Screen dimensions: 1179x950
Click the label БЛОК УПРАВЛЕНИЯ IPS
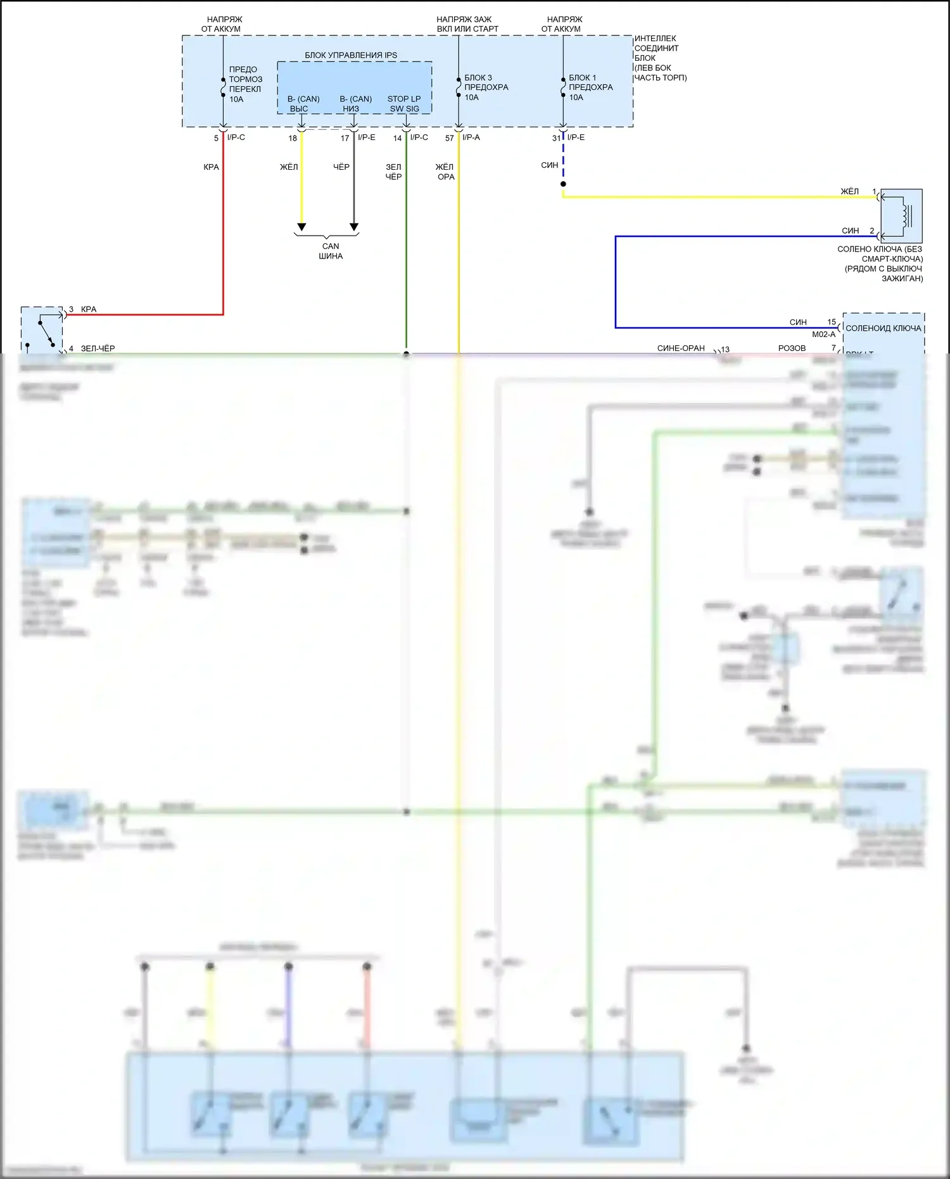pos(351,55)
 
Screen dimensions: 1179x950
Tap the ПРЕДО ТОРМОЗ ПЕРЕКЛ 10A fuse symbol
pos(223,87)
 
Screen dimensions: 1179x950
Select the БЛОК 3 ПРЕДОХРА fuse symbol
pos(459,87)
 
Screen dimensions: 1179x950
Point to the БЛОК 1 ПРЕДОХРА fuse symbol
pos(563,87)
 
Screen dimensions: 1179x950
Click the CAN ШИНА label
pos(331,251)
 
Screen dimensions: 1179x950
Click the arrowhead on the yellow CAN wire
pos(301,227)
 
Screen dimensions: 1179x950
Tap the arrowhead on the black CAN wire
pos(354,227)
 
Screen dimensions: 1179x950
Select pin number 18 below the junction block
pos(293,138)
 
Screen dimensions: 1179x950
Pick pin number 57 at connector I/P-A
pos(450,138)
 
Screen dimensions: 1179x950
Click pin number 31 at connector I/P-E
pos(556,138)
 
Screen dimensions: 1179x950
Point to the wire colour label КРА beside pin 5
pos(211,167)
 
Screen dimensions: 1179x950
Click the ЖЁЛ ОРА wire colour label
pos(445,172)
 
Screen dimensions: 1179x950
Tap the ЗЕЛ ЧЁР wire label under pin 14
pos(393,172)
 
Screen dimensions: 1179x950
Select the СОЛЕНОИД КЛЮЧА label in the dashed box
pos(883,328)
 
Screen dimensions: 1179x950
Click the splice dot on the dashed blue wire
pos(563,184)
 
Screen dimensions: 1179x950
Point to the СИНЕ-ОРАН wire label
pos(681,348)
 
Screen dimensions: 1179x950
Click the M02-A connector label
pos(823,335)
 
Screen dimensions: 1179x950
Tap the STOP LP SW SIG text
pos(404,104)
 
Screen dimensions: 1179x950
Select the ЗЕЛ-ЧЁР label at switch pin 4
pos(98,348)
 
